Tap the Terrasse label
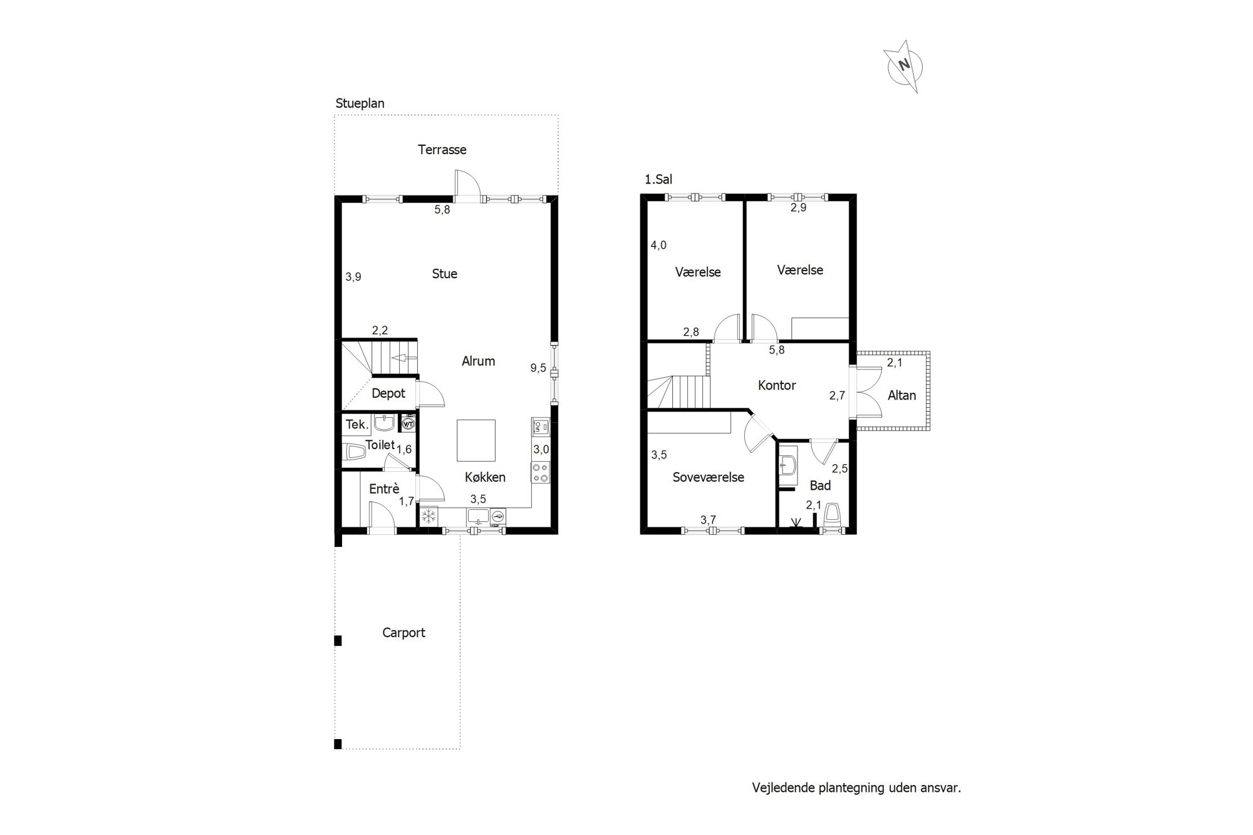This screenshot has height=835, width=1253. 442,150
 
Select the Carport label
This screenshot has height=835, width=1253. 403,633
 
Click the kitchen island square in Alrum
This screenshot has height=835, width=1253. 476,440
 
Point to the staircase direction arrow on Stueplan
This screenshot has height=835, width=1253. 403,358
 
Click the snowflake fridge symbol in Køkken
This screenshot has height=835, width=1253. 429,517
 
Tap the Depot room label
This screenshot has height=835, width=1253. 388,393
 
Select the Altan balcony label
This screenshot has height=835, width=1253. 902,395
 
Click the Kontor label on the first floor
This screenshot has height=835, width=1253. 777,385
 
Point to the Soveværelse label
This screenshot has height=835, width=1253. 709,477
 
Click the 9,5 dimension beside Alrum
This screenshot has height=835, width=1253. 538,368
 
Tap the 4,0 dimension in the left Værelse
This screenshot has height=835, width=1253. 658,246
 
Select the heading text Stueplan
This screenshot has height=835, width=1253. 360,103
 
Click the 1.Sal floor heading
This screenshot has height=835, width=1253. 658,180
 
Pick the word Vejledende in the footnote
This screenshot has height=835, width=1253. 783,788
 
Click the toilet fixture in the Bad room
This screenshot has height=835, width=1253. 832,513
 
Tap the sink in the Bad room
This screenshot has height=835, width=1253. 788,466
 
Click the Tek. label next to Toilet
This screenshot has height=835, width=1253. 356,425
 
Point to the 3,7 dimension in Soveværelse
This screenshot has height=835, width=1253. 708,520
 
